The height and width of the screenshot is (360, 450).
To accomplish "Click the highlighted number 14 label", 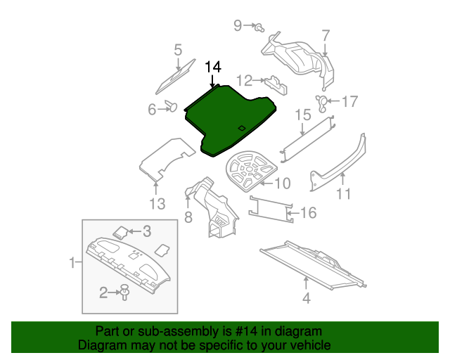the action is click(213, 67).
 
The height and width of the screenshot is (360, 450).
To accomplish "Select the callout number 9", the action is click(238, 25).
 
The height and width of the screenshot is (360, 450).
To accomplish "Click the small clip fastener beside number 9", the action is click(259, 27).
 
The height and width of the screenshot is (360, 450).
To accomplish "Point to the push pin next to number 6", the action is click(171, 106).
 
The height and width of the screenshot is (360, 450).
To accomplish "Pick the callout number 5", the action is click(178, 50).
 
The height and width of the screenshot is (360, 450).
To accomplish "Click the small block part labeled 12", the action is click(276, 85).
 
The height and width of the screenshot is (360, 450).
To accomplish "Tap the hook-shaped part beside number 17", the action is click(322, 103).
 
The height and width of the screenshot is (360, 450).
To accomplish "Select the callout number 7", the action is click(326, 35).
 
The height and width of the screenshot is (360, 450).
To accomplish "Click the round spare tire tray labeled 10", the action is click(251, 170).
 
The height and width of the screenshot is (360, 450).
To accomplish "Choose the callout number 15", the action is click(303, 115).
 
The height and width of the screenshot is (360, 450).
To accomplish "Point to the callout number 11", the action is click(343, 194).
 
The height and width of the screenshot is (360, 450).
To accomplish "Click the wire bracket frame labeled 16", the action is click(271, 210).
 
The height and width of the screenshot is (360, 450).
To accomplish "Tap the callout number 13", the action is click(157, 203).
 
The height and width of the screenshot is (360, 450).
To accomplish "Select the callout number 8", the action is click(188, 217).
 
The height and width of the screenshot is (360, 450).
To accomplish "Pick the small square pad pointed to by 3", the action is click(120, 232).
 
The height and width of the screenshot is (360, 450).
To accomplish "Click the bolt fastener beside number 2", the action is click(124, 292).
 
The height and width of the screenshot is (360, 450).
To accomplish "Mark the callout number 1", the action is click(72, 263).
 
